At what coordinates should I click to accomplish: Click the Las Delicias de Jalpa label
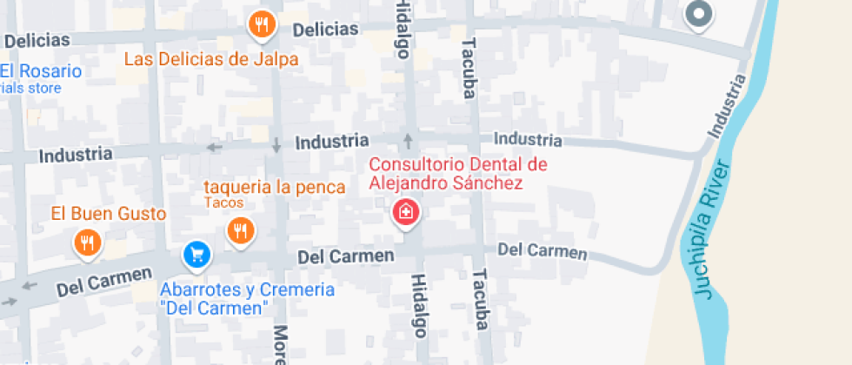coord(211,59)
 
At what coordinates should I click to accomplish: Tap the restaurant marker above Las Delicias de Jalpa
coord(262,23)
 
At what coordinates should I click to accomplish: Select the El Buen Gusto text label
coord(108,213)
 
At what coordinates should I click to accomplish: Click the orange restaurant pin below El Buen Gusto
coord(86,242)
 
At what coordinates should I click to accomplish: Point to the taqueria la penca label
coord(275,187)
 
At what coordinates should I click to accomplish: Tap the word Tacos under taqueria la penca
coord(224,203)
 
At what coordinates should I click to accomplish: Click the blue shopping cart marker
coord(196,255)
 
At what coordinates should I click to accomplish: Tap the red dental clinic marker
coord(405,211)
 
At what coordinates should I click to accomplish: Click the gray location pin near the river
coord(698,14)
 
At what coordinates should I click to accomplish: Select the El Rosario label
coord(41,71)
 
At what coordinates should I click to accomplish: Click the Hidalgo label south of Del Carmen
coord(420,306)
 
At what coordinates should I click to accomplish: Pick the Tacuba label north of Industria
coord(470,68)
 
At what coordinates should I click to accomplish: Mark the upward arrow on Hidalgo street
coord(408,141)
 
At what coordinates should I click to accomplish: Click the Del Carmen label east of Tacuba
coord(542,251)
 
